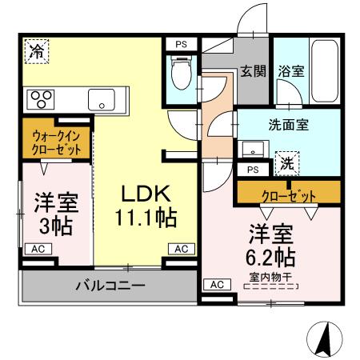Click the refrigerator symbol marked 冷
[x=37, y=51]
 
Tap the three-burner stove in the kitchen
[x=41, y=99]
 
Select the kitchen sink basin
[x=102, y=100]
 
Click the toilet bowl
[x=182, y=72]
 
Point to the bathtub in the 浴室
[x=325, y=71]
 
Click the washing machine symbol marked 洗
[x=287, y=163]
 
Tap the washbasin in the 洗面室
[x=253, y=150]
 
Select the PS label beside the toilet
[x=182, y=44]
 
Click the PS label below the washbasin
[x=253, y=170]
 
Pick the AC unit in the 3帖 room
[x=38, y=249]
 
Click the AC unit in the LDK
[x=182, y=249]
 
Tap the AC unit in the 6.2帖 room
[x=217, y=285]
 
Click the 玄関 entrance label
[x=254, y=71]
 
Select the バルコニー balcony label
[x=110, y=286]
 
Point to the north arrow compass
[x=325, y=339]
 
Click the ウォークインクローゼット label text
[x=56, y=143]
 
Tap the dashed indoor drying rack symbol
[x=271, y=286]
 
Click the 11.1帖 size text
[x=146, y=218]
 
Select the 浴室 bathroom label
[x=291, y=71]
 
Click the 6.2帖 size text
[x=270, y=257]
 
